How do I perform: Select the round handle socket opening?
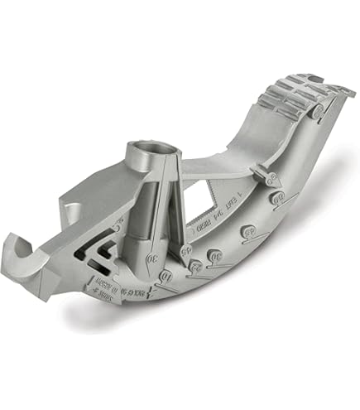(146, 151)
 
